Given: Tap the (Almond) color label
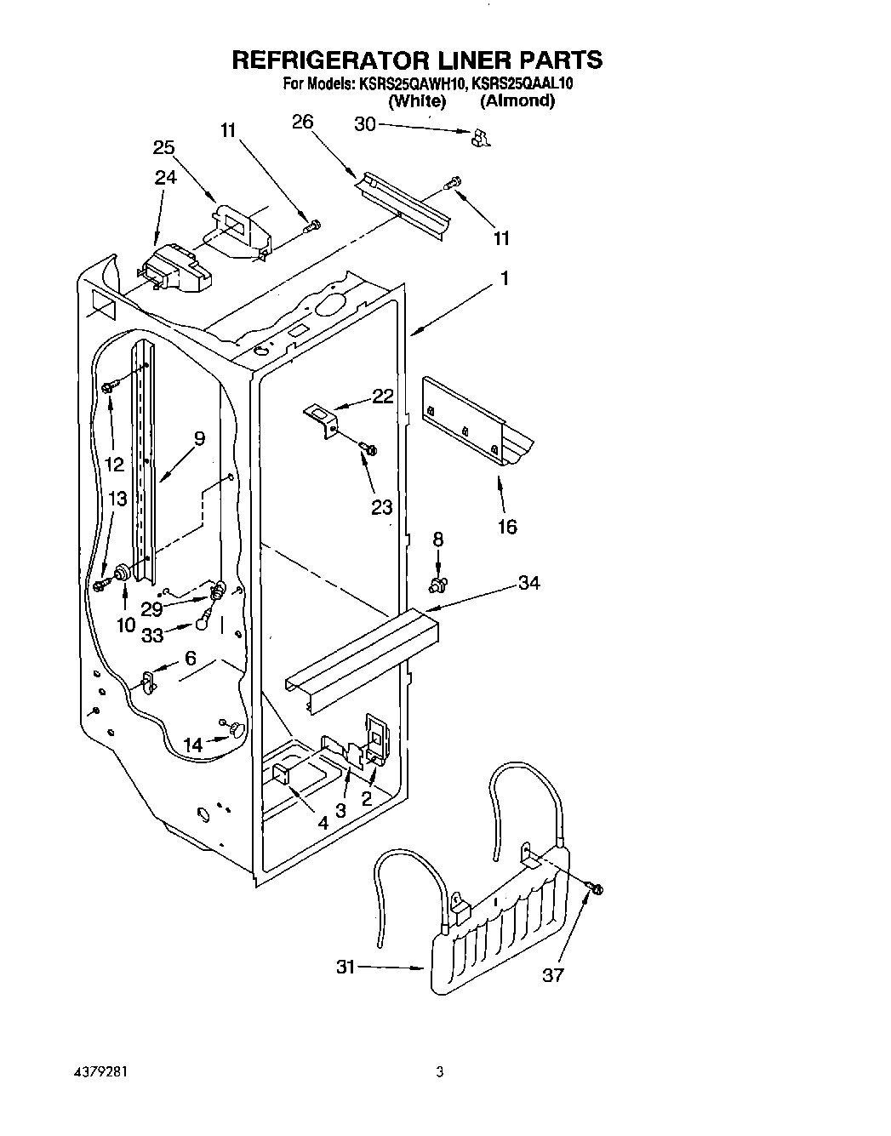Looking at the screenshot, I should [x=517, y=100].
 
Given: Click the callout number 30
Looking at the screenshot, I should [x=364, y=124].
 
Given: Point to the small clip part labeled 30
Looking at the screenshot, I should [x=482, y=137].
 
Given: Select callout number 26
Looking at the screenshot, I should [x=302, y=122].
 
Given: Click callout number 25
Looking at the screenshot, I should [x=164, y=147].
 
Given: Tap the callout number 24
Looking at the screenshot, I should [x=166, y=177].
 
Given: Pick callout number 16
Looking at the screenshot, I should [x=506, y=528].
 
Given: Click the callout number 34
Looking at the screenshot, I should [x=529, y=583].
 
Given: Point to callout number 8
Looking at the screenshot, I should [x=438, y=539].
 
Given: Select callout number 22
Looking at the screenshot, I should [x=383, y=396].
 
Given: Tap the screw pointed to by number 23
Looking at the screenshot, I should [x=369, y=448].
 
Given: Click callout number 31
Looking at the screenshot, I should [x=346, y=967].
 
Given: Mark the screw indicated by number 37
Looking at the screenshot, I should [x=595, y=889].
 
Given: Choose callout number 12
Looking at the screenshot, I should [x=114, y=465].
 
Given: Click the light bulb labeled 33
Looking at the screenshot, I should [x=204, y=623].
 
